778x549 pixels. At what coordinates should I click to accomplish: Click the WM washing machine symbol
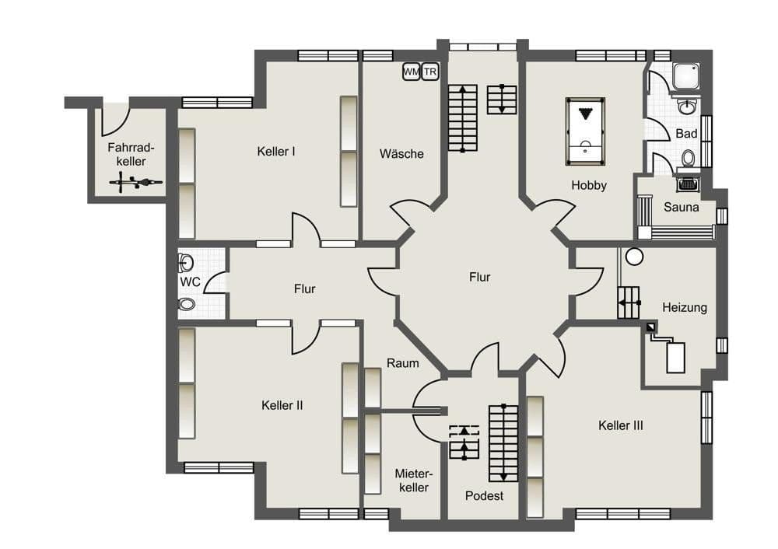click(x=411, y=72)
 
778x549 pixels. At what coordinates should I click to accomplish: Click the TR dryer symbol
click(x=430, y=72)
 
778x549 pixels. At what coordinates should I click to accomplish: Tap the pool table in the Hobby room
click(x=585, y=131)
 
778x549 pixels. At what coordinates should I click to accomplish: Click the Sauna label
click(x=681, y=208)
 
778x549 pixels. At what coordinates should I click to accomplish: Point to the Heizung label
click(x=685, y=307)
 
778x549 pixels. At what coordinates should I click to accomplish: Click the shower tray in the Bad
click(x=685, y=76)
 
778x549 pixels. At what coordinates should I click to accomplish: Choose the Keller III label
click(x=620, y=425)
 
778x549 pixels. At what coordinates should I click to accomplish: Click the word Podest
click(x=484, y=495)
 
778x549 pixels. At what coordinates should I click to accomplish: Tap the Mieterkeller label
click(x=412, y=480)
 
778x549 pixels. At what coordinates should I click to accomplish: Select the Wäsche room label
click(x=401, y=153)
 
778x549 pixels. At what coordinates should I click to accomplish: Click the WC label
click(x=190, y=281)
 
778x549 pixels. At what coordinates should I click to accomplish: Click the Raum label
click(x=402, y=362)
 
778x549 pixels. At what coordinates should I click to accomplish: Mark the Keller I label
click(x=276, y=151)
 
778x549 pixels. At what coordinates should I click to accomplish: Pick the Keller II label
click(x=282, y=405)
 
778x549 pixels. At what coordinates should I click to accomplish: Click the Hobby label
click(x=589, y=185)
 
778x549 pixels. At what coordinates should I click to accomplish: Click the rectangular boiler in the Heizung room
click(x=675, y=357)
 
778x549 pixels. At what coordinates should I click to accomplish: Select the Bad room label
click(x=686, y=134)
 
